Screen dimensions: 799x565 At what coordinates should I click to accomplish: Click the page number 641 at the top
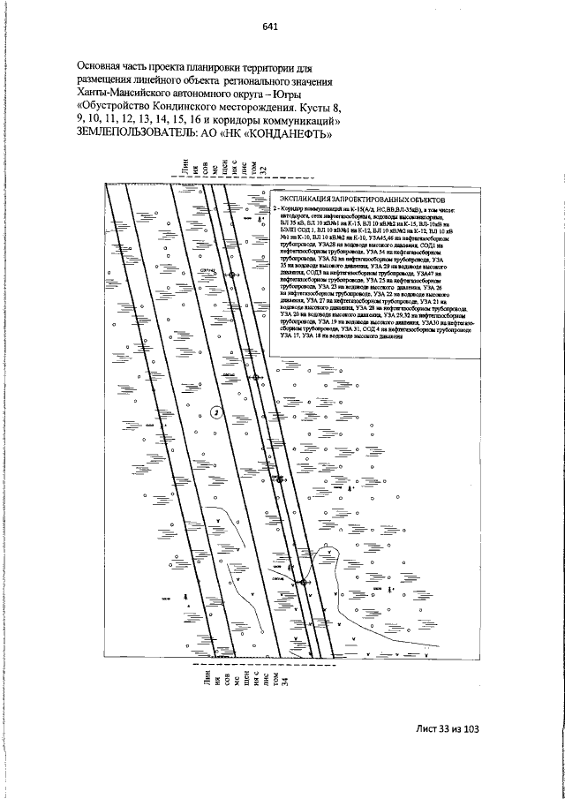pos(271,26)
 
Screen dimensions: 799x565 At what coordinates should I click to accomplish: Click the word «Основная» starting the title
pos(102,67)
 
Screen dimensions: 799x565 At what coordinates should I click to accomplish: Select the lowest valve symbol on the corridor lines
pos(302,582)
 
